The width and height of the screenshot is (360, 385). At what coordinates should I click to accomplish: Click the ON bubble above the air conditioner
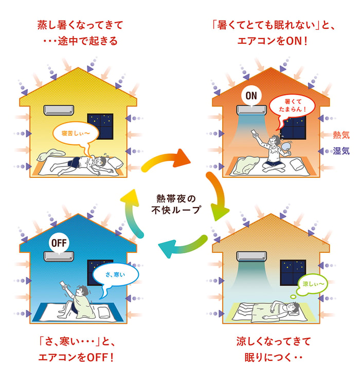(251, 96)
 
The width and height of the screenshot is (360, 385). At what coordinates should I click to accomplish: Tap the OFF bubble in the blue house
(59, 243)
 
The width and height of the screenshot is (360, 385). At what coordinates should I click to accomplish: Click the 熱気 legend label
(341, 135)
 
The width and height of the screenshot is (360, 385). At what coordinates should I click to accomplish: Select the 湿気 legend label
(341, 151)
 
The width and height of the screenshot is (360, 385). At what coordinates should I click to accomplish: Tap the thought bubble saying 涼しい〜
(312, 284)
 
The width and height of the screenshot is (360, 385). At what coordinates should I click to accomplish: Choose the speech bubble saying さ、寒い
(116, 276)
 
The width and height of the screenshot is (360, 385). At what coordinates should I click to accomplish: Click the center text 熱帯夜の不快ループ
(176, 204)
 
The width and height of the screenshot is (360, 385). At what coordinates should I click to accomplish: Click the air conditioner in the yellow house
(59, 110)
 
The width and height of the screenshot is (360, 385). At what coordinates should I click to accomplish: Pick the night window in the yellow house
(100, 126)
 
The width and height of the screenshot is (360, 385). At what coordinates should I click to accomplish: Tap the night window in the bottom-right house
(293, 272)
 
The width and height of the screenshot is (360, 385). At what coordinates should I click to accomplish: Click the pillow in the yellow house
(115, 162)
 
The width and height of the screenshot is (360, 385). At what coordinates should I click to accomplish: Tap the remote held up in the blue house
(64, 284)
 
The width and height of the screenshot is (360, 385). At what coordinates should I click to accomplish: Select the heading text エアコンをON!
(272, 41)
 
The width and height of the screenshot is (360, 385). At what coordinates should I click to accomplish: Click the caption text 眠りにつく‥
(273, 357)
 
